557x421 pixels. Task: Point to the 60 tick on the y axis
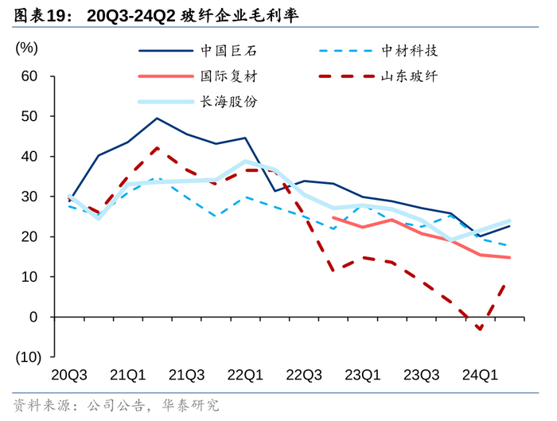click(x=29, y=76)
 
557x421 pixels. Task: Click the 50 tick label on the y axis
click(x=29, y=116)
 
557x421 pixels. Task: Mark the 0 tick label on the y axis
click(x=33, y=317)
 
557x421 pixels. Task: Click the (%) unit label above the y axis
click(x=26, y=48)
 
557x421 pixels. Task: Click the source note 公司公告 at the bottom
click(x=113, y=404)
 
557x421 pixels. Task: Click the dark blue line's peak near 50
click(x=157, y=119)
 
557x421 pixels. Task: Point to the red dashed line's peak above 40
click(x=157, y=148)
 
